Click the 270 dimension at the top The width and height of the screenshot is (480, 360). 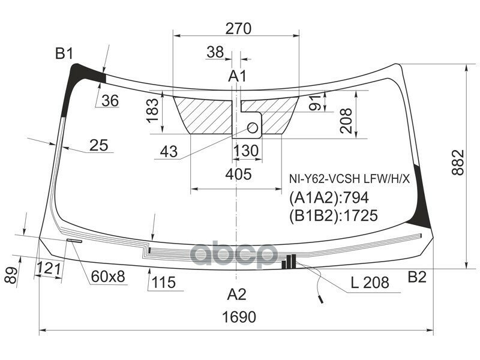(x=238, y=28)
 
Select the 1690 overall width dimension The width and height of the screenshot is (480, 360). (x=238, y=317)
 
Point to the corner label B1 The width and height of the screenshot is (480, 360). (x=64, y=55)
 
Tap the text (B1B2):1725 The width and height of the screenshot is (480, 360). (x=334, y=215)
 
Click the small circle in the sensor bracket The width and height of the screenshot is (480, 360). (x=253, y=127)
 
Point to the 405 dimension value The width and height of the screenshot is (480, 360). (x=239, y=175)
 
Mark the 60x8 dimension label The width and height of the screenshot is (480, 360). (x=108, y=277)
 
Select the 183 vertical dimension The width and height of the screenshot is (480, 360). (x=153, y=110)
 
